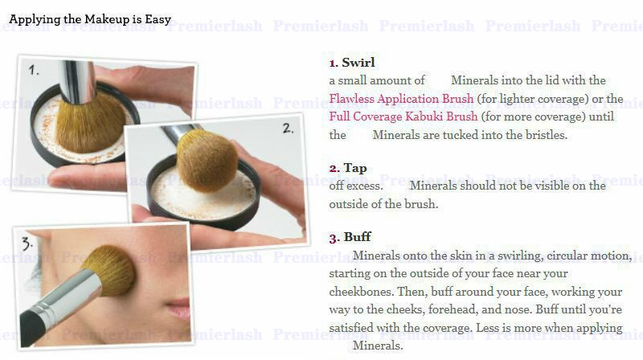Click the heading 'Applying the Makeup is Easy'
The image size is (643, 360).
pos(90,19)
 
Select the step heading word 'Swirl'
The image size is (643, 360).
pos(358,63)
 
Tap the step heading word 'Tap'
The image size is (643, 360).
pos(355,168)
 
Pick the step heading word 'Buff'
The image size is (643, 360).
pos(357,237)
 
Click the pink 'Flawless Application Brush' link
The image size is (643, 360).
pos(401,99)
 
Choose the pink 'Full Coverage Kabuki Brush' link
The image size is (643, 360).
pos(403,117)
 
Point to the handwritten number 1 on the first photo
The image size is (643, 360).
pos(34,70)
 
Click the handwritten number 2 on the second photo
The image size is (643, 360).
pos(288,129)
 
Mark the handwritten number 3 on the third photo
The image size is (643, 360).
pos(27,243)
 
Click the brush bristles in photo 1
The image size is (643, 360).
pos(90,123)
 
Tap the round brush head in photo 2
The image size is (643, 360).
pos(207,161)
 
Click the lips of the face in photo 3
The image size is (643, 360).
pos(178,309)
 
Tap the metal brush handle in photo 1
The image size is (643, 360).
pos(78,82)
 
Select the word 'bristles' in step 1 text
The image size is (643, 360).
pos(547,135)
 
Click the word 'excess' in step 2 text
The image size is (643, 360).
pos(364,186)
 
